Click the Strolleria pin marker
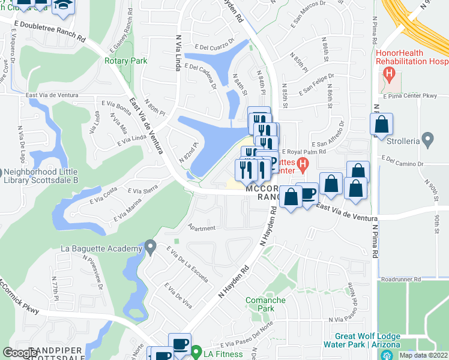click(x=427, y=140)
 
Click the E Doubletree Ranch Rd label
click(x=47, y=28)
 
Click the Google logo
click(x=20, y=353)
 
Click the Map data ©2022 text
click(x=423, y=355)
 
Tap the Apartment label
click(x=201, y=227)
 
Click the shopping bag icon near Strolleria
click(x=381, y=125)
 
